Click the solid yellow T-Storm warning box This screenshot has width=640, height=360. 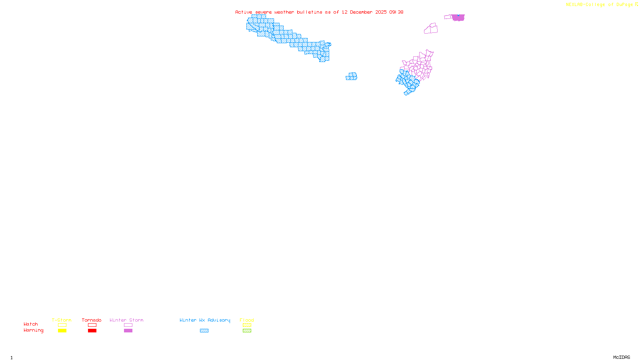pos(62,331)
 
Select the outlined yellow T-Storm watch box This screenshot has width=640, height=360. pos(62,325)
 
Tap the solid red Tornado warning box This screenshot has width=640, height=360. pos(92,331)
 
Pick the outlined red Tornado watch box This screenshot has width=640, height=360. pos(92,325)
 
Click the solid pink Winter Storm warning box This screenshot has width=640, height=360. pos(128,331)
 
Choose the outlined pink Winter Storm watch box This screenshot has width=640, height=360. pos(128,325)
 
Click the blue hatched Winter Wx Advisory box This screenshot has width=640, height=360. pos(204,331)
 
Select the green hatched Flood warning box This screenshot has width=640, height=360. pos(247,331)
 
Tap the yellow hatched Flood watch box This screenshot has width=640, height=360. pos(247,325)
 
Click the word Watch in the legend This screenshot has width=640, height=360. pos(31,324)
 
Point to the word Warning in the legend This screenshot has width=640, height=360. pos(33,330)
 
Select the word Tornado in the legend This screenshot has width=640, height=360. pos(92,320)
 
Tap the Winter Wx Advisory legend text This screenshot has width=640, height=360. pos(205,320)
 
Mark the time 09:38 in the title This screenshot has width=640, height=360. pos(396,12)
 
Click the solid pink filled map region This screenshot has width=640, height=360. pos(458,18)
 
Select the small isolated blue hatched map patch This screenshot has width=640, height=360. pos(352,76)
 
